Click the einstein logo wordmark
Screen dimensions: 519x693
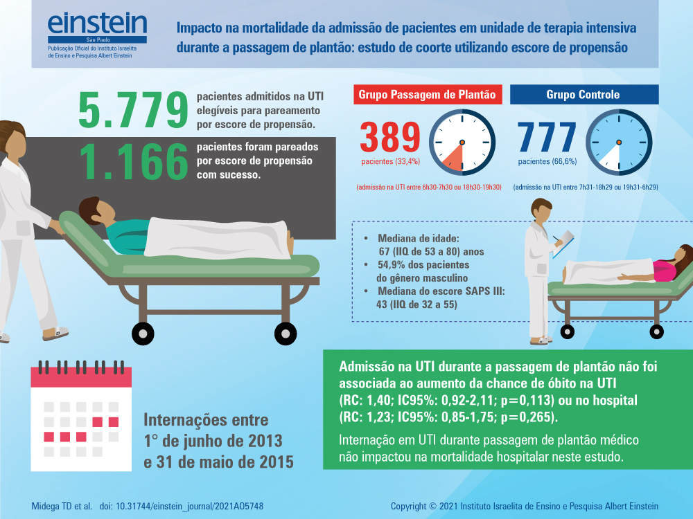coord(98,26)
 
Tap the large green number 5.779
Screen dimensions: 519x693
coord(133,109)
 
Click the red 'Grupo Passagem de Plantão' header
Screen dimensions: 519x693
coord(427,95)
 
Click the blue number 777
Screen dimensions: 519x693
coord(547,137)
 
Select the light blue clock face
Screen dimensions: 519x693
coord(619,141)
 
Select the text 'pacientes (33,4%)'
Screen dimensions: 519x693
coord(389,163)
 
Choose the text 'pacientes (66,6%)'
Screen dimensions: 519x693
coord(547,163)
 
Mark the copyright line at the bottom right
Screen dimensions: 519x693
coord(525,506)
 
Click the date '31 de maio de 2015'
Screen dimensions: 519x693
coord(218,462)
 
